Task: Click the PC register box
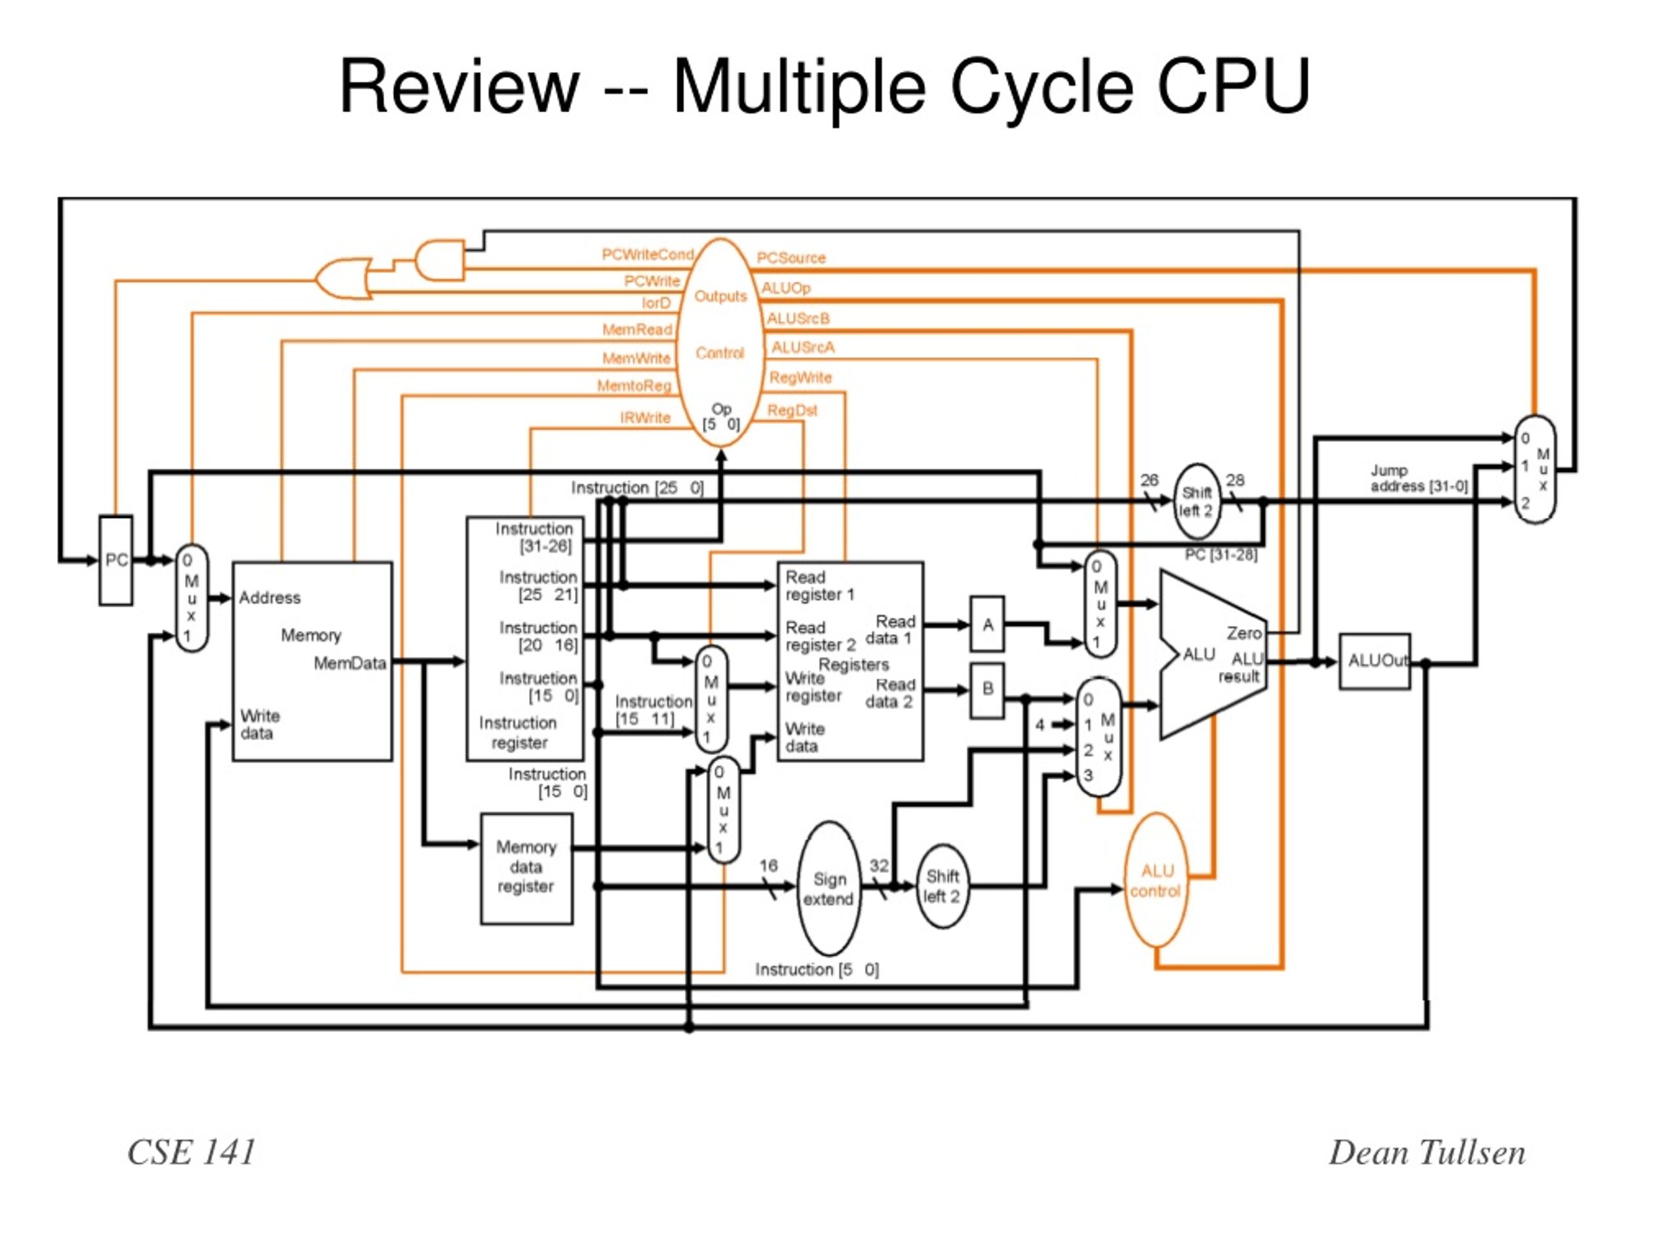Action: (x=115, y=560)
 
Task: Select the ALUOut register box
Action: (x=1374, y=661)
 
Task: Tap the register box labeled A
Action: (x=987, y=624)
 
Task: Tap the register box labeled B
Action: (x=987, y=689)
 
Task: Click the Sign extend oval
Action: (x=829, y=888)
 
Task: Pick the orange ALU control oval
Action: (x=1156, y=880)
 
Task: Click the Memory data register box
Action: (x=526, y=867)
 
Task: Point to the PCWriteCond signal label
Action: (x=647, y=254)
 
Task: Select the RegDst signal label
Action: (x=792, y=410)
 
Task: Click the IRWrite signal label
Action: (x=645, y=418)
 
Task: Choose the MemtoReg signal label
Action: (x=634, y=386)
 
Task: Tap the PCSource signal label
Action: (x=790, y=258)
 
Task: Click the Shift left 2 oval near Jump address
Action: (x=1196, y=502)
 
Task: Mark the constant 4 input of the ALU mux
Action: (x=1040, y=725)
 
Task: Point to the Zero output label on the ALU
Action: (x=1244, y=632)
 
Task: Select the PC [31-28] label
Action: (x=1220, y=555)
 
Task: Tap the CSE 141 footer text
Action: (x=191, y=1152)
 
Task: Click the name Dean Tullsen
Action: (x=1426, y=1152)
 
